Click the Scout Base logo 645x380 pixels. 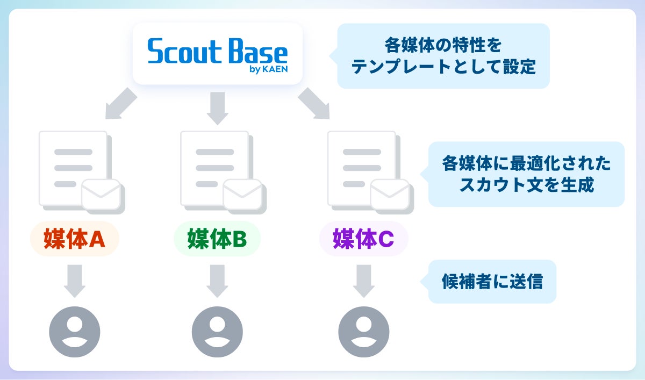click(217, 53)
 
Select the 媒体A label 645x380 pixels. click(74, 239)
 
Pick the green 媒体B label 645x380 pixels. click(217, 239)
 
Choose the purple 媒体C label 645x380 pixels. click(363, 239)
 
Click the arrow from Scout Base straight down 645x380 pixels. click(217, 107)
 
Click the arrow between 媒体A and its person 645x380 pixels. click(75, 281)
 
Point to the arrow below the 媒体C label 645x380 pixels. click(363, 281)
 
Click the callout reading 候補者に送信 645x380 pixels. click(492, 282)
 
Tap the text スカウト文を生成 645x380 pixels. click(526, 185)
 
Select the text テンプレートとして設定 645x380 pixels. click(443, 67)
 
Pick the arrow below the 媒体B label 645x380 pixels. click(217, 281)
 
